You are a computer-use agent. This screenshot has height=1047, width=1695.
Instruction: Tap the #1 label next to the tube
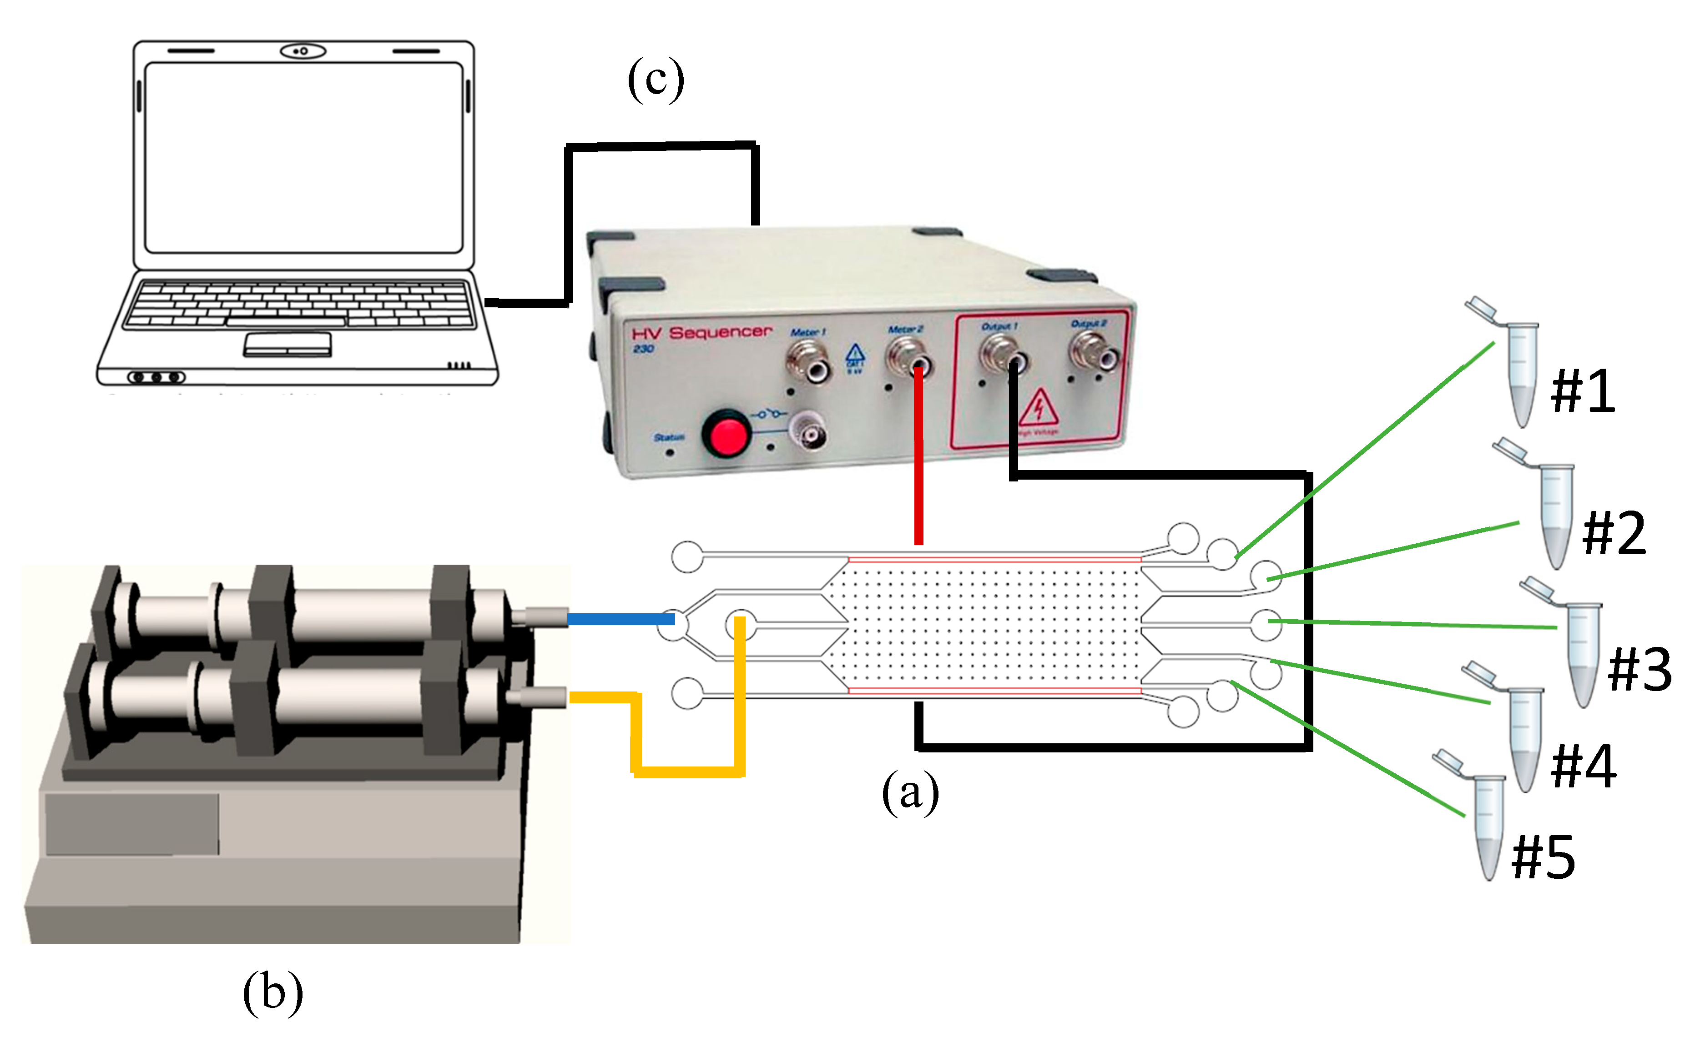tap(1583, 391)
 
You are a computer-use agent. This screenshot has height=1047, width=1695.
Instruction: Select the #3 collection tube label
tap(1639, 670)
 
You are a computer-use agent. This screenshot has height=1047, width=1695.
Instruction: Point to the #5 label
tap(1544, 857)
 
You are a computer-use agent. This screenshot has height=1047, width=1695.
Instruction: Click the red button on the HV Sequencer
tap(725, 433)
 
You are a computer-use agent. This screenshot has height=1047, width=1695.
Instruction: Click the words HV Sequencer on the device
tap(701, 333)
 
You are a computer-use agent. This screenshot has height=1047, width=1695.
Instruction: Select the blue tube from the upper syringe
tap(620, 618)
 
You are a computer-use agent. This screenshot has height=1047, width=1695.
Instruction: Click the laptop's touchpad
tap(287, 344)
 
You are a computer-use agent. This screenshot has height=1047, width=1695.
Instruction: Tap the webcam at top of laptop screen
tap(303, 51)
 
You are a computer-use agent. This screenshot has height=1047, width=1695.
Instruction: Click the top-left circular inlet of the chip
tap(687, 556)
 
